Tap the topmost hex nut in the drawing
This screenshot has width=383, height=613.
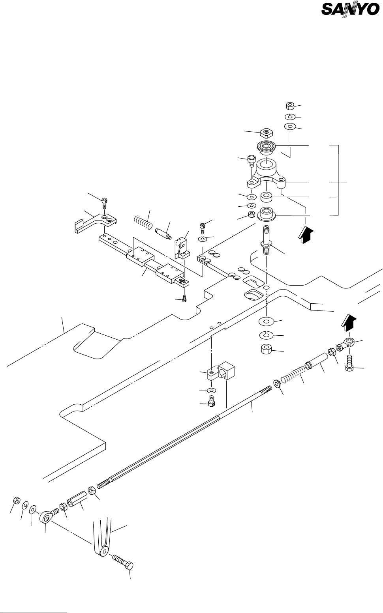(290, 106)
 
